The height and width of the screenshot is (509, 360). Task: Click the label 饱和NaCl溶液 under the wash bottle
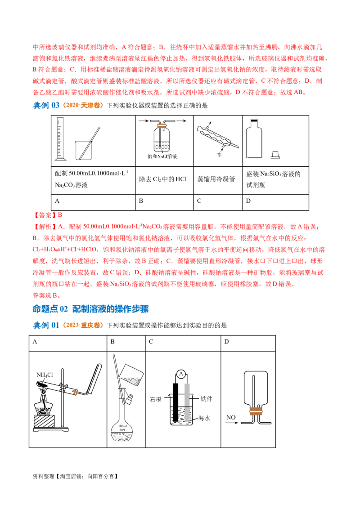coord(156,156)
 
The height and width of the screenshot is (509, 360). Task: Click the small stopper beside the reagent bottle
coord(275,156)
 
